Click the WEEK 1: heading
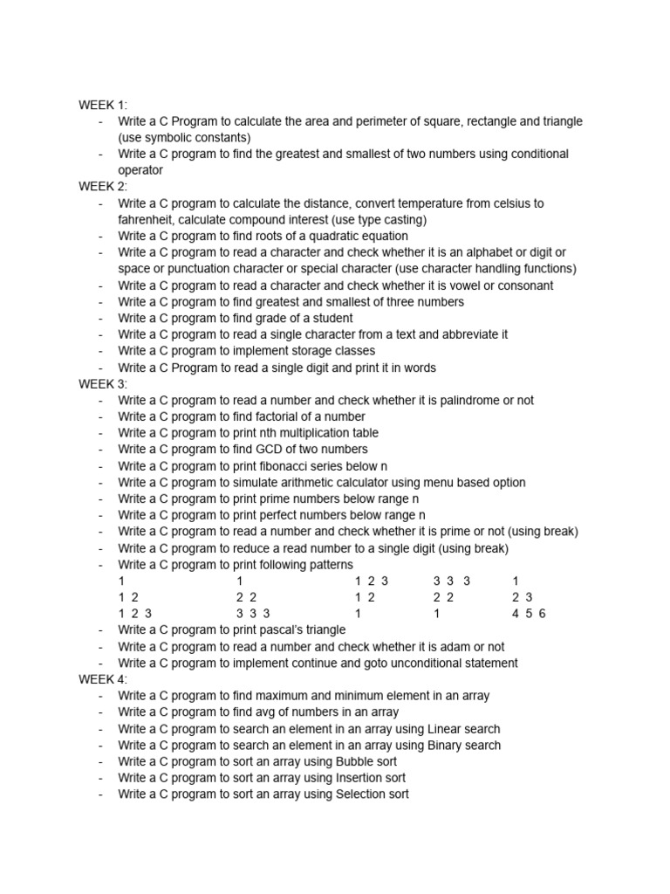(103, 105)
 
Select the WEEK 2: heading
(103, 187)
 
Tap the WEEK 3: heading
(103, 384)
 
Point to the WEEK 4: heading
(103, 679)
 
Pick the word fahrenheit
(147, 220)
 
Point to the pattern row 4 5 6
(529, 614)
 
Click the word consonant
(525, 285)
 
